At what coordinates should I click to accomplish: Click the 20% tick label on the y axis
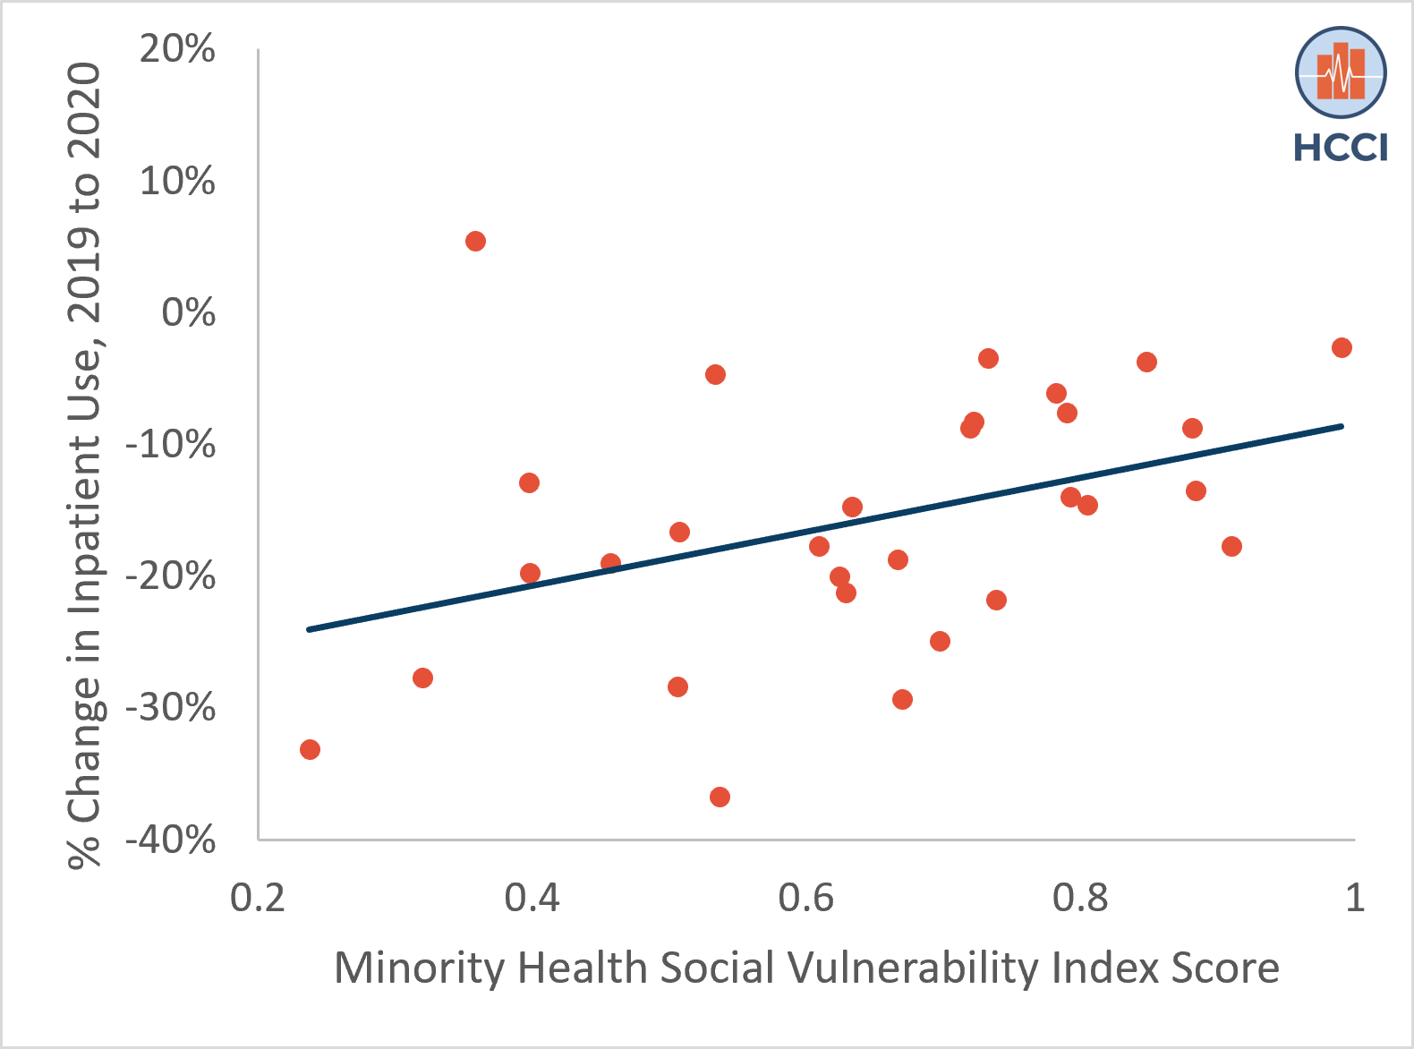click(177, 49)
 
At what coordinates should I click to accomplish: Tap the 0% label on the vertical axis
click(188, 312)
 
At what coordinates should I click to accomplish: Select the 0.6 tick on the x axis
click(805, 897)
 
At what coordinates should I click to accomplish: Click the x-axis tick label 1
click(1354, 897)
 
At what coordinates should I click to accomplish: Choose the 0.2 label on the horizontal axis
click(258, 897)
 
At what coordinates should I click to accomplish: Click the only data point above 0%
click(475, 241)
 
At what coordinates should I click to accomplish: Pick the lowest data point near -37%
click(720, 797)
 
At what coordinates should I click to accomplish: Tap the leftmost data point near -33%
click(310, 749)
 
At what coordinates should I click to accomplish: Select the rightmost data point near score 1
click(1342, 347)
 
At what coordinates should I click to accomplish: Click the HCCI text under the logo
click(1341, 148)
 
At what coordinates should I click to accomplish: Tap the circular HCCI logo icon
click(1341, 72)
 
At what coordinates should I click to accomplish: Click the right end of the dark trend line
click(1342, 426)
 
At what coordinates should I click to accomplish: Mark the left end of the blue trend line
click(309, 629)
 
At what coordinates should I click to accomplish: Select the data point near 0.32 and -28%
click(422, 678)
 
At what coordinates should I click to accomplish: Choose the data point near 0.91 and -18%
click(1231, 546)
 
